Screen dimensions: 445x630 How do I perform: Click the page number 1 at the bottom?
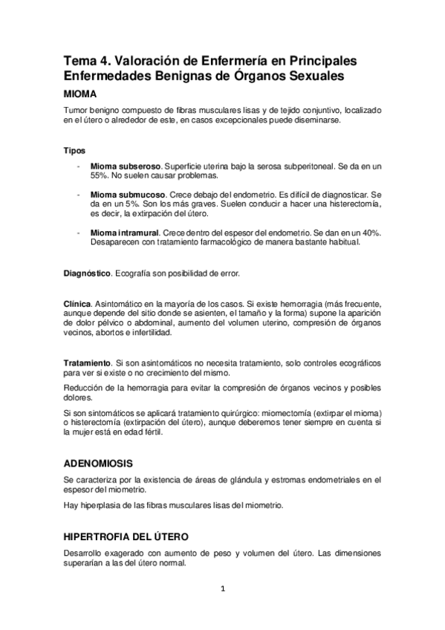[x=222, y=590]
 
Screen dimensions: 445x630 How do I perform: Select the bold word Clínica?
[x=77, y=304]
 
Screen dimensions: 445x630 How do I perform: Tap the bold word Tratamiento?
[x=88, y=362]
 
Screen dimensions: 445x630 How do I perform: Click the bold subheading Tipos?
[x=74, y=150]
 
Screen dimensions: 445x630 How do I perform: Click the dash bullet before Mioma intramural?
[x=79, y=233]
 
